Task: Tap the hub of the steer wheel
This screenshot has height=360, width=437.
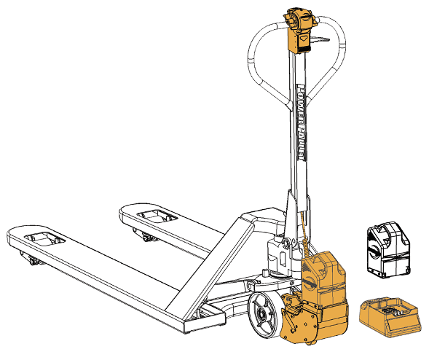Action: tap(262, 315)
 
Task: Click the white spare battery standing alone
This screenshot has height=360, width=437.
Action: tap(389, 250)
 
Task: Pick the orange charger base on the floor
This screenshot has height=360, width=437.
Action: tap(390, 317)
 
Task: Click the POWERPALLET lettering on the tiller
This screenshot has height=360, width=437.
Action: tap(301, 122)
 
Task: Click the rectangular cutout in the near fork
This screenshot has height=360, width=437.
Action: tap(44, 239)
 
